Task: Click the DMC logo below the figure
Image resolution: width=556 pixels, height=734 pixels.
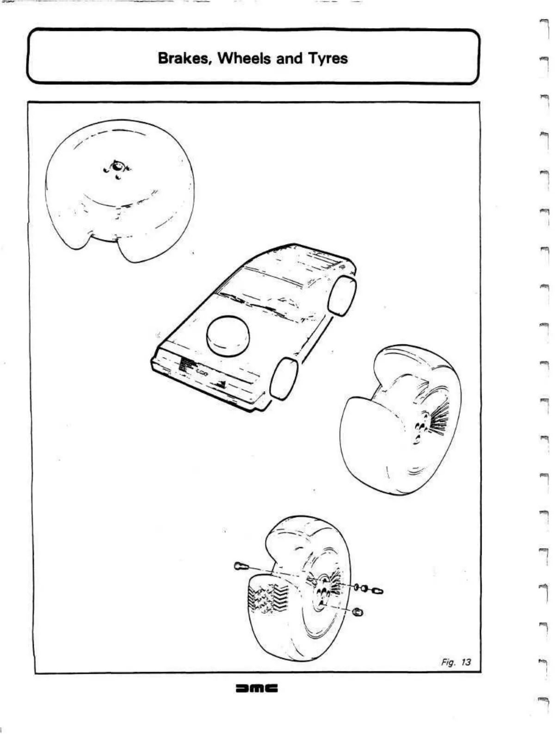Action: click(x=256, y=688)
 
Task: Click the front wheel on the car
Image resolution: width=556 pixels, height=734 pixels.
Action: click(x=284, y=377)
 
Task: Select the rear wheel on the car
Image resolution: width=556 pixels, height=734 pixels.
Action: click(x=342, y=295)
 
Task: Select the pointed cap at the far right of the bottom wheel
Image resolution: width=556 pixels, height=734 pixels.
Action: click(x=377, y=591)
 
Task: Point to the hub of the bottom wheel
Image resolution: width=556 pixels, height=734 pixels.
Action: click(x=322, y=591)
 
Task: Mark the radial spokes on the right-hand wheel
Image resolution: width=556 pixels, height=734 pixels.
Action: click(x=439, y=419)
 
